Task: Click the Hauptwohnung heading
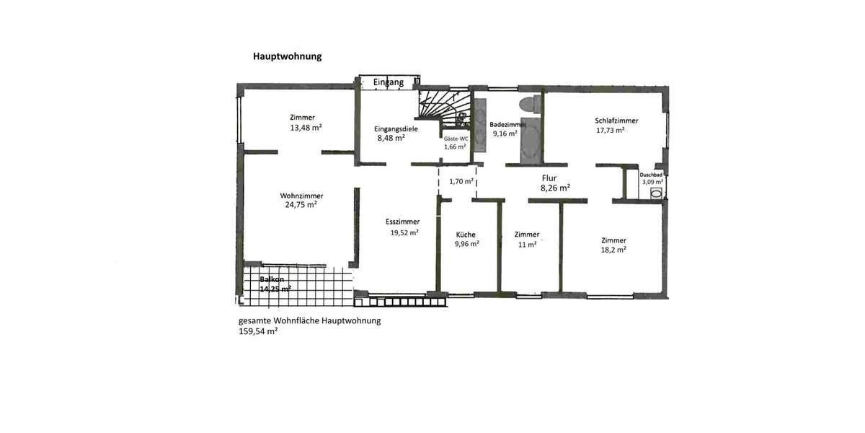pos(287,56)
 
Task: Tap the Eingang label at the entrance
pos(388,82)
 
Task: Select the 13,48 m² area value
pos(306,128)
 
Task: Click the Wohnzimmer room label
pos(301,196)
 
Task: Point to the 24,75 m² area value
pos(301,204)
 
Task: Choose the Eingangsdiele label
pos(396,128)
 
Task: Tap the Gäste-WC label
pos(456,138)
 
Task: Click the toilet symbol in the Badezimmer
pos(531,104)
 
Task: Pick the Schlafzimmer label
pos(616,121)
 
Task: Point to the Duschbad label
pos(651,175)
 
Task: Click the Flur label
pos(549,177)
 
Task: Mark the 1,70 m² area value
pos(461,182)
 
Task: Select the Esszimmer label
pos(402,222)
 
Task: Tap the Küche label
pos(466,235)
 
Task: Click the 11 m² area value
pos(527,244)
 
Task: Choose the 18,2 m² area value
pos(613,250)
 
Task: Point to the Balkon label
pos(272,279)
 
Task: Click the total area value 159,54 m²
pos(258,332)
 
